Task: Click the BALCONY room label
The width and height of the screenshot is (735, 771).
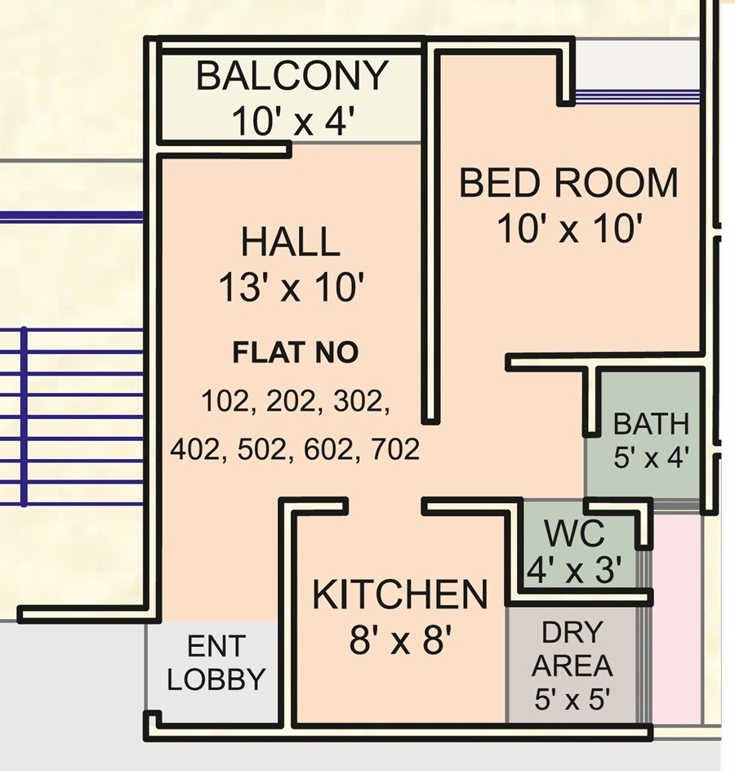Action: [292, 77]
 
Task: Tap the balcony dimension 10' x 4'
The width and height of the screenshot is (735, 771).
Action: [292, 122]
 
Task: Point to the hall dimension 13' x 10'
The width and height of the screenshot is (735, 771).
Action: [290, 288]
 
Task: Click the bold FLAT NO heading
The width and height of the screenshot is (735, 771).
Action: [295, 353]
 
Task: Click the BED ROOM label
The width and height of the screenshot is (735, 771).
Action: [568, 183]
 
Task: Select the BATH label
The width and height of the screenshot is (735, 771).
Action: [651, 425]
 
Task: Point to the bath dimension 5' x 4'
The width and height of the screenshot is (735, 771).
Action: [651, 457]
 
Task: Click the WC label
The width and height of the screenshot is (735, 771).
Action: [575, 534]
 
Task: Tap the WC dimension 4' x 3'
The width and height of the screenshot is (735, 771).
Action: [575, 569]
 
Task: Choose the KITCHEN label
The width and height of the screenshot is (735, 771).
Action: [400, 595]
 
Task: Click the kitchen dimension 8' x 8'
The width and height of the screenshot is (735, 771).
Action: [400, 641]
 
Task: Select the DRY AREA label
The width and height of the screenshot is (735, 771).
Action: [572, 649]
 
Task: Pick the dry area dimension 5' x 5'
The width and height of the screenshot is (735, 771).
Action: [572, 700]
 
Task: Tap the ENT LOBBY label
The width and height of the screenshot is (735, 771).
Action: [216, 663]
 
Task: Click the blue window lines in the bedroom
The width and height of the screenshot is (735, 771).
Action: [637, 96]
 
